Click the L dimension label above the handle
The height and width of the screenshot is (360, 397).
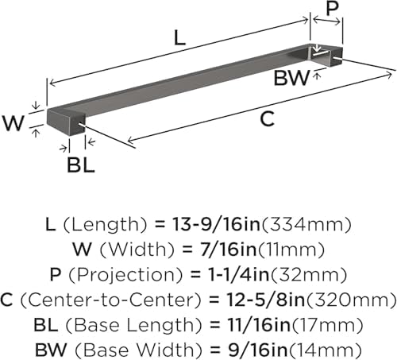[179, 37]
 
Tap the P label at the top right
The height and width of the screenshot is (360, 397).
[332, 9]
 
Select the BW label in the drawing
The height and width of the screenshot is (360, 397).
[291, 78]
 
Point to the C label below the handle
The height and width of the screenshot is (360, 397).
[267, 118]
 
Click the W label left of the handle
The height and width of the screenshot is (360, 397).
[13, 122]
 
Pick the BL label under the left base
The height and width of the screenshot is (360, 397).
[81, 165]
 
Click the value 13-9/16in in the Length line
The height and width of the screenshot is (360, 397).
[216, 224]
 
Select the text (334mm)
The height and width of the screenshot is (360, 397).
[306, 225]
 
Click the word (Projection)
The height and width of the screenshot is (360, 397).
[126, 275]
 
